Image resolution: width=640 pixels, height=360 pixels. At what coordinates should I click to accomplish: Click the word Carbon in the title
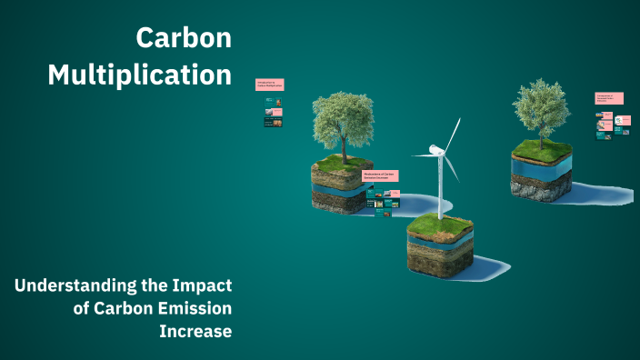(184, 38)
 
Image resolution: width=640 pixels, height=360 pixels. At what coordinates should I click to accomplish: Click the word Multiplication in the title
(140, 75)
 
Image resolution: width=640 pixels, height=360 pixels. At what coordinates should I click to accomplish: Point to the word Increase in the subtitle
(195, 331)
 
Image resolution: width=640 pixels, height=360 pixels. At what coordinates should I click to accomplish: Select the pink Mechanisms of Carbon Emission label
(381, 175)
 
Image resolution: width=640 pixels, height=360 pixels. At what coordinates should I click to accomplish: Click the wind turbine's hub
(437, 150)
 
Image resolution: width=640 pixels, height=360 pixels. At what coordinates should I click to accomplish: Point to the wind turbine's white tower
(440, 186)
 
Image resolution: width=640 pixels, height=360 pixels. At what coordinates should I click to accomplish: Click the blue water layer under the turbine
(439, 244)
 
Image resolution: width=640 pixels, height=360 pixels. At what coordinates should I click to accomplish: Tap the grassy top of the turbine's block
(439, 224)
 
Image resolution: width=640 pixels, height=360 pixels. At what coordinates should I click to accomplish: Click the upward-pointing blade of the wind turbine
(452, 134)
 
